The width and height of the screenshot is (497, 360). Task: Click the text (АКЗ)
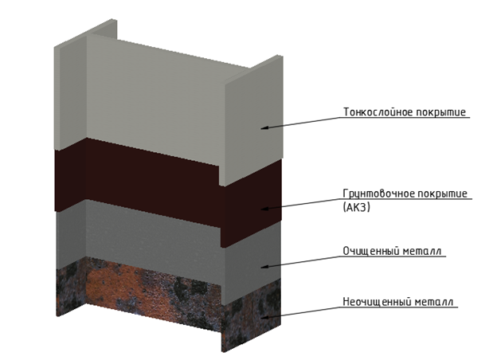click(357, 208)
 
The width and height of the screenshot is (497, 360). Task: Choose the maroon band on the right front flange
click(251, 203)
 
